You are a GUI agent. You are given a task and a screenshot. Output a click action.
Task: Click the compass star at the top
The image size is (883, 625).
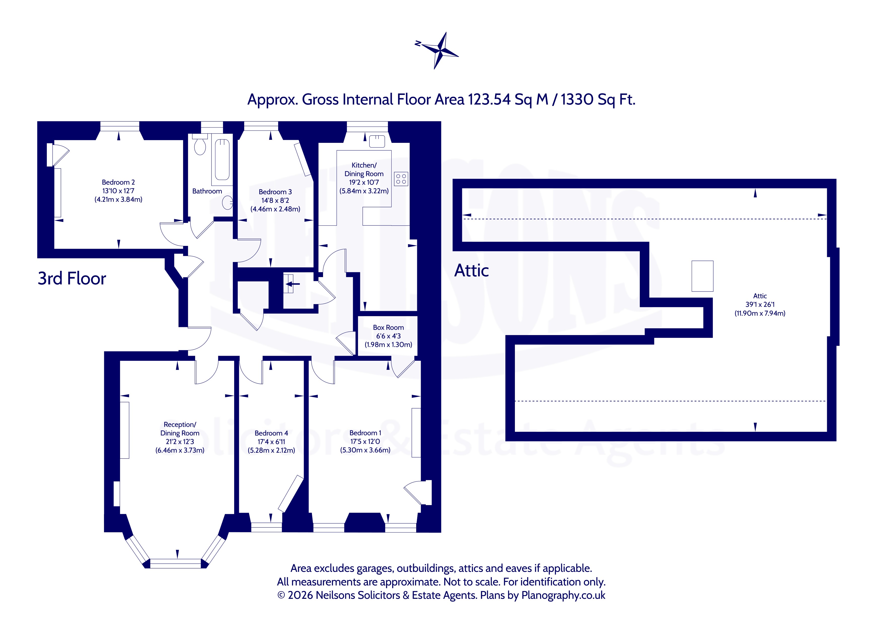(438, 50)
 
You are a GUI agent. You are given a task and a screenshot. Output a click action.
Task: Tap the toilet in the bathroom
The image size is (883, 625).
(200, 144)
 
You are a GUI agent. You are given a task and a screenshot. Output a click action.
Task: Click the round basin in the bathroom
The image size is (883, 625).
(228, 203)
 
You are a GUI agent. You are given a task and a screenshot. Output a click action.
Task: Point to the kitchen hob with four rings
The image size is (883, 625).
(401, 179)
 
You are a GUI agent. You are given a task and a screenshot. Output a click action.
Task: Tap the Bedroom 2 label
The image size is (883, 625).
(118, 182)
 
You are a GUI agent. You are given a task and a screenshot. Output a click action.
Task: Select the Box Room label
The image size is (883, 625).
(388, 327)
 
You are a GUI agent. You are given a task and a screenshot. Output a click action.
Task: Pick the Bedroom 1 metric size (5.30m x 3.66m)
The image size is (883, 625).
(365, 450)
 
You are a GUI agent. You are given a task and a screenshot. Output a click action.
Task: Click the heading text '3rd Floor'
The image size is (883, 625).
(72, 279)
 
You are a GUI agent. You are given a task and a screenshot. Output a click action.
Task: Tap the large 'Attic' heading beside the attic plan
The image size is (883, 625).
(472, 271)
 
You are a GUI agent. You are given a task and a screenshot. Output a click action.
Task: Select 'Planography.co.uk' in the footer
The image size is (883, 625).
(563, 595)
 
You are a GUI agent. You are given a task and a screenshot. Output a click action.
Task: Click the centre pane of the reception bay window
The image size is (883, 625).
(175, 564)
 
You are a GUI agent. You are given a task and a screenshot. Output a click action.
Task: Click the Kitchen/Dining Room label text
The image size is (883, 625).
(364, 169)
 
